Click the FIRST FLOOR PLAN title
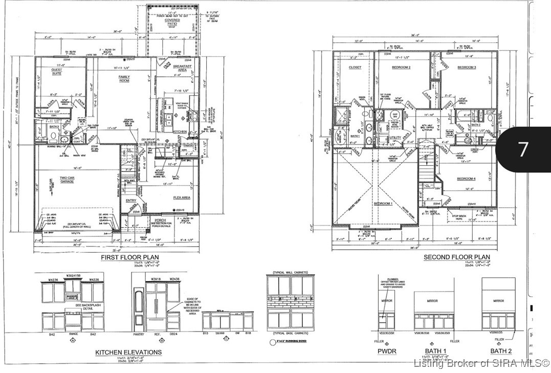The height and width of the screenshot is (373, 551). [x=129, y=257]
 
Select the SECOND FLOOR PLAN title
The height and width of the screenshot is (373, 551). [x=456, y=257]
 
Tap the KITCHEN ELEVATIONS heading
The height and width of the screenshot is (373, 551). [x=128, y=352]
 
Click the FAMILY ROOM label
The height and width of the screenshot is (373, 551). [x=124, y=79]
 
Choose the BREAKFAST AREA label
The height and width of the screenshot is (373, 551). [x=182, y=68]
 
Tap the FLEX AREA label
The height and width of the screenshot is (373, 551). [x=182, y=198]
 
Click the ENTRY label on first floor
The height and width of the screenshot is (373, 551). [x=131, y=201]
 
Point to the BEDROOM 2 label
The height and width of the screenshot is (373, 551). [x=402, y=68]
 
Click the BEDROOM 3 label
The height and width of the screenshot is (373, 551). [x=467, y=68]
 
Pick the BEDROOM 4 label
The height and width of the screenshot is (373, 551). [x=467, y=178]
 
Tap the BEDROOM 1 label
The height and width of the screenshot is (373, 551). [x=383, y=204]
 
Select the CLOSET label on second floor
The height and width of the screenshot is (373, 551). [x=355, y=68]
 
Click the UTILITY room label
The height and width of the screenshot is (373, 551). [x=394, y=138]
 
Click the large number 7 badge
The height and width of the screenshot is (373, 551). [x=523, y=149]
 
